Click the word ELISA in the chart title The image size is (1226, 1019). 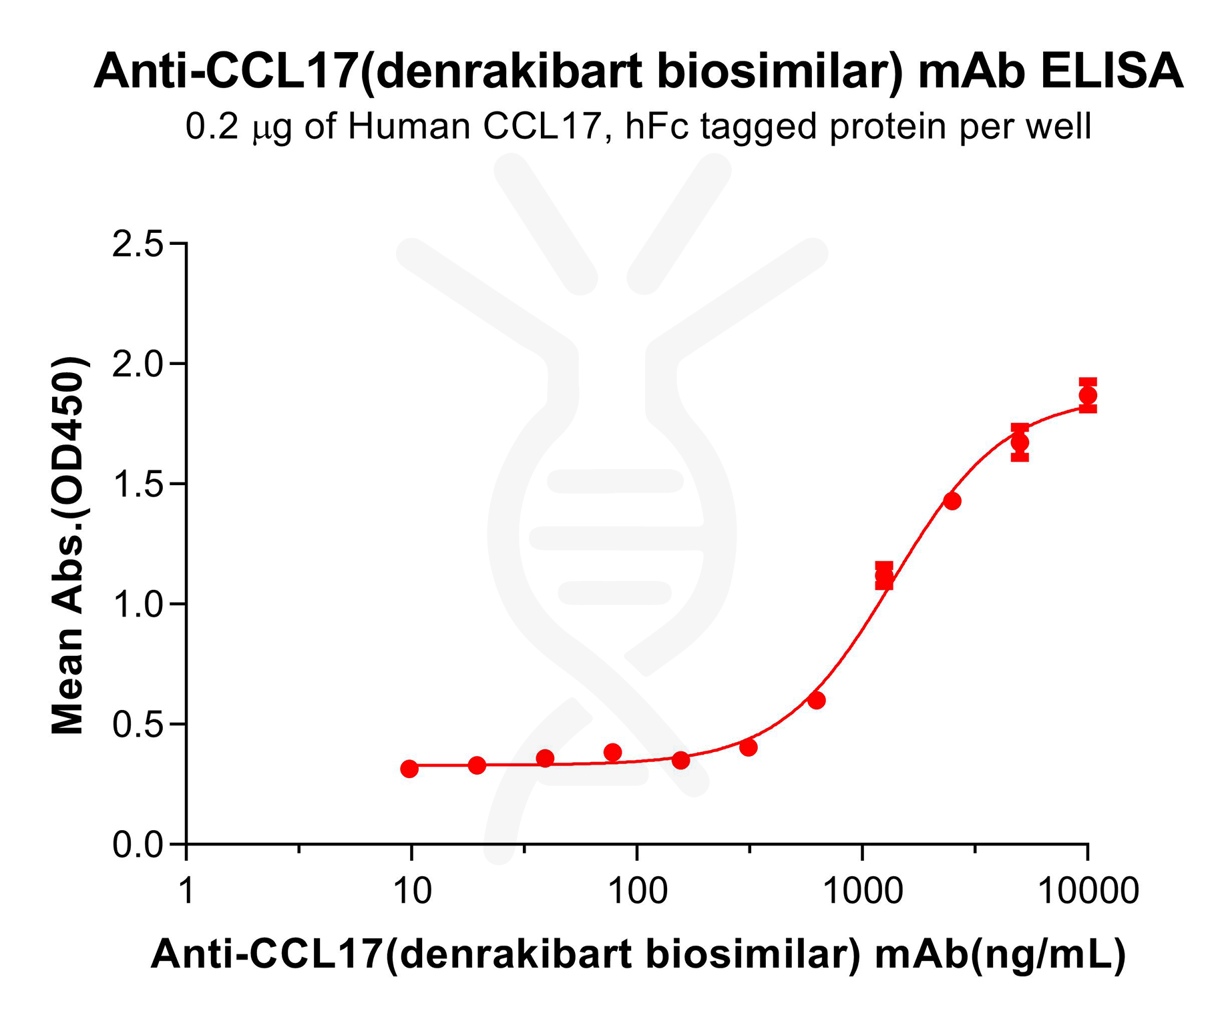click(x=1111, y=71)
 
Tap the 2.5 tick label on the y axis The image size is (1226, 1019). click(x=138, y=245)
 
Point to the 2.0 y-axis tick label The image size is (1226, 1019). click(x=138, y=365)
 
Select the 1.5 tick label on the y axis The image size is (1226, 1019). click(x=138, y=485)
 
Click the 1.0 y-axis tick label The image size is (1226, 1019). click(x=138, y=605)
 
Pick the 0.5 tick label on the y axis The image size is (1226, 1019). click(x=138, y=725)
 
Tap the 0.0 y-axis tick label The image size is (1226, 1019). click(x=138, y=845)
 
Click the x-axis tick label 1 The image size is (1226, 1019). click(x=186, y=891)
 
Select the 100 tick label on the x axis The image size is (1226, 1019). click(x=637, y=891)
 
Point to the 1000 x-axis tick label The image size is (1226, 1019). click(x=863, y=891)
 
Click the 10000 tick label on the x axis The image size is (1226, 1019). click(x=1088, y=891)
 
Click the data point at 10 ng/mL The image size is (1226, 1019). click(x=409, y=769)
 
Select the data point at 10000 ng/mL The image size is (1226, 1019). click(x=1088, y=395)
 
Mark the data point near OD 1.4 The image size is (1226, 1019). click(x=952, y=501)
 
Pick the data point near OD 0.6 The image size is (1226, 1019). click(x=816, y=701)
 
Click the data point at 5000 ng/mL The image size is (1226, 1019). click(x=1020, y=442)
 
